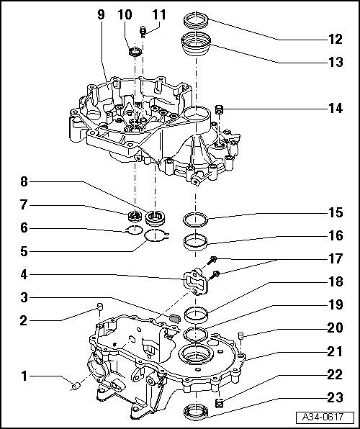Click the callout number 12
coord(336,40)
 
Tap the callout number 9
coord(101,14)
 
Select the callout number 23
coord(336,397)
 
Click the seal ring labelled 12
coord(196,20)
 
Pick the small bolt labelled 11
coord(143,32)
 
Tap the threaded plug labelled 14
coord(220,110)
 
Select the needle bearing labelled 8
coord(154,218)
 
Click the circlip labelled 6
coord(135,230)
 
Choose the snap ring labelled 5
coord(156,236)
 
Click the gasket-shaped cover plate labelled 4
coord(195,282)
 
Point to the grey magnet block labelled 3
coord(174,317)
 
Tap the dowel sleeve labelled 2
coord(99,307)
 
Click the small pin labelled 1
coord(76,386)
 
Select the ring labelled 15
coord(195,219)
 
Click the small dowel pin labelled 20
coord(241,335)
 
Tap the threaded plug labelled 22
coord(219,403)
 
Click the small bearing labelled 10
coord(135,52)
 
